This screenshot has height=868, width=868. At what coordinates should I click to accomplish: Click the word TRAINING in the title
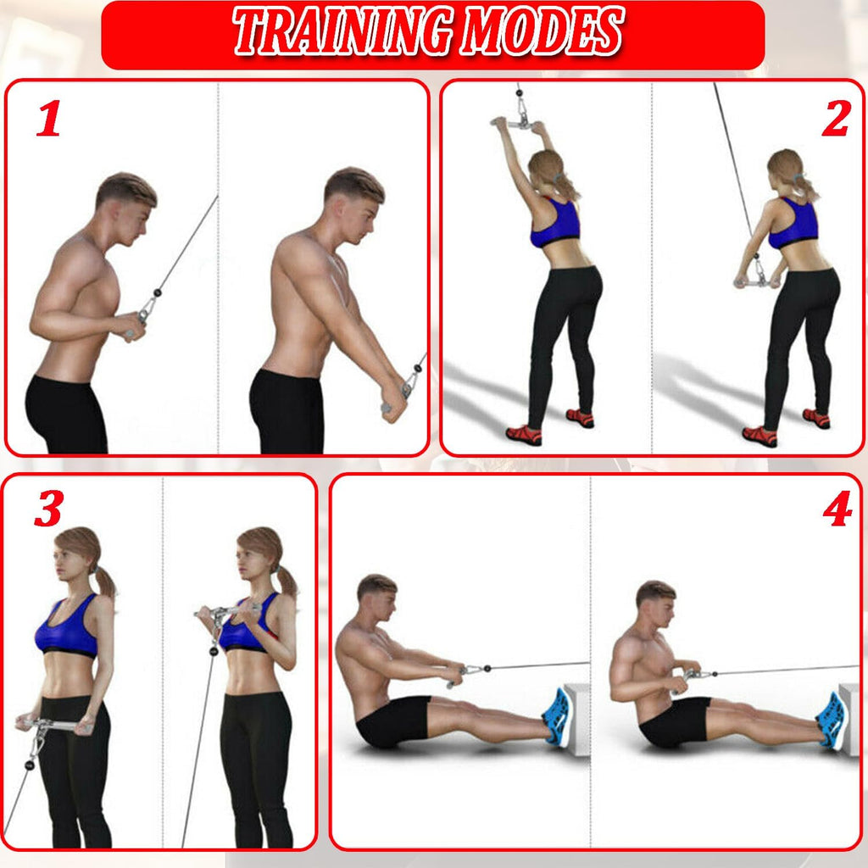coord(342,31)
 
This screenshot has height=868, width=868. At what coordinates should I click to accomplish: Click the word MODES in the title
coord(542,31)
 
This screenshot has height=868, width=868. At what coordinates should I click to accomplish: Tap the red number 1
coord(49,118)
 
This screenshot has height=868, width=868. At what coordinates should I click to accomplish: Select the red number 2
coord(836,118)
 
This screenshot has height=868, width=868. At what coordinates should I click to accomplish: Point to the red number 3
coord(48,509)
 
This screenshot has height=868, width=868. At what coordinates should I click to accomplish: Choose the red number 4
coord(837,509)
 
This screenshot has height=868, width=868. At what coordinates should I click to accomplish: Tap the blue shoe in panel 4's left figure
coord(557,717)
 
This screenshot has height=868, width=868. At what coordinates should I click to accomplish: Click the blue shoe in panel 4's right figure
coord(832,721)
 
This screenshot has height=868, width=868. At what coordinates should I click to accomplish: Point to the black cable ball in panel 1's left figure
coord(157,292)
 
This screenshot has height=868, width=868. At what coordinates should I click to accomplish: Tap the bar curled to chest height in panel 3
coord(228,611)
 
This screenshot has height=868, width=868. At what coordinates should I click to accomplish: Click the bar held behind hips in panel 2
coord(757,283)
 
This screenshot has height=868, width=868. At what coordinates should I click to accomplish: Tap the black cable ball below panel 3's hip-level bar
coord(30,765)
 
